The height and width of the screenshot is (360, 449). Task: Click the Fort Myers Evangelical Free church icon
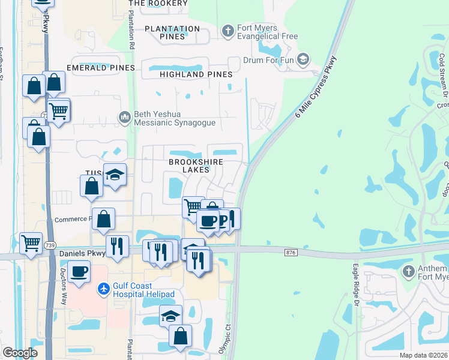(x=228, y=31)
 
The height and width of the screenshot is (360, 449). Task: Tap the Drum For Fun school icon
(x=304, y=59)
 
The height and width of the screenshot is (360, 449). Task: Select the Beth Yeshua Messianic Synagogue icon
(x=125, y=116)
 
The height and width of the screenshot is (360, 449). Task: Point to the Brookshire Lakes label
(x=196, y=166)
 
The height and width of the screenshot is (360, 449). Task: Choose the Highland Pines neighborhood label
(x=196, y=74)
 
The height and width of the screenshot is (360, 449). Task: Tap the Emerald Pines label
(x=101, y=68)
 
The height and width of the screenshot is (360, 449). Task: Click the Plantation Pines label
(x=172, y=32)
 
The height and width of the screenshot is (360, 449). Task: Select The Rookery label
(x=158, y=4)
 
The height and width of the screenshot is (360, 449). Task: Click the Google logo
(x=20, y=353)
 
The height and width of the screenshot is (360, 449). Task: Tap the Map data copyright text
(x=423, y=355)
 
